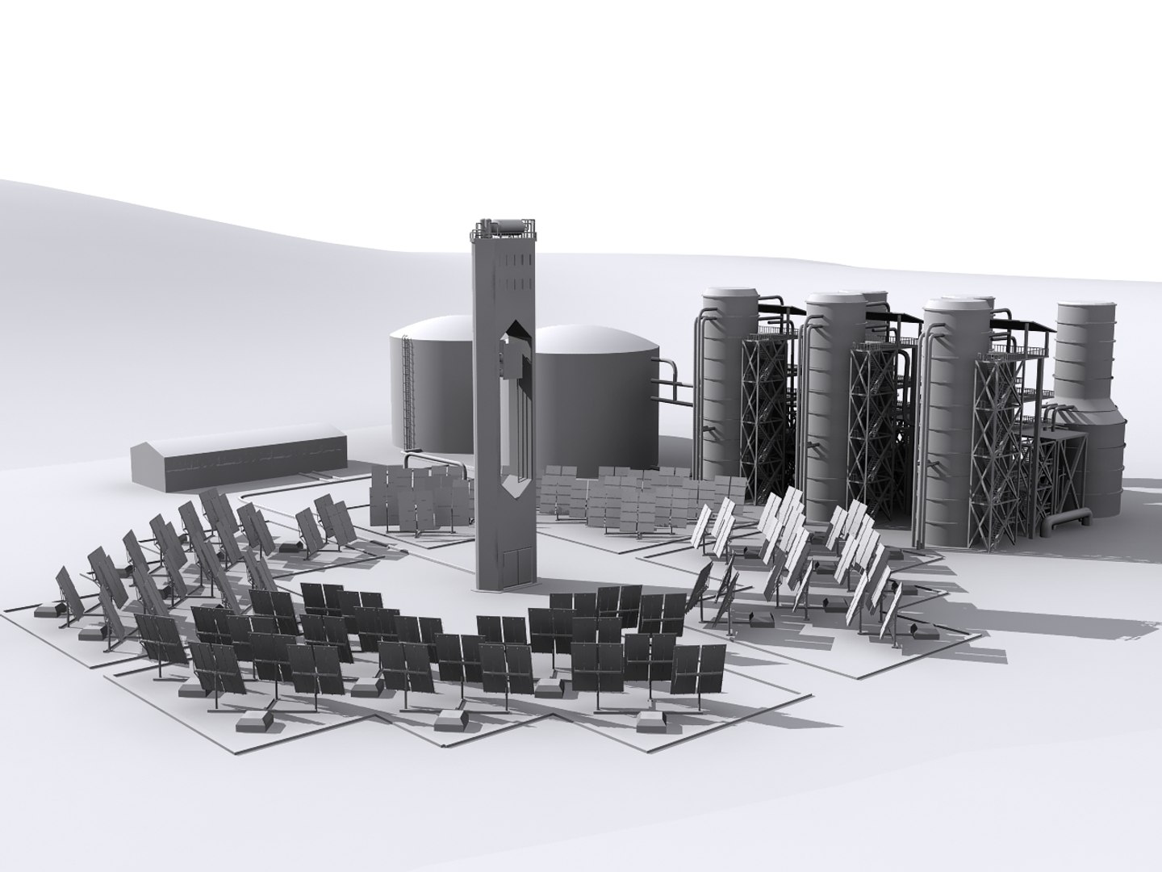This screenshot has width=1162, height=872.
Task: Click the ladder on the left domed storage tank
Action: pyautogui.click(x=409, y=396)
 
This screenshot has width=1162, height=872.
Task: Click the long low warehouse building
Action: pyautogui.click(x=239, y=463)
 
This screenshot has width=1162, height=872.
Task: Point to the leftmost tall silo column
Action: pyautogui.click(x=725, y=388)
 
